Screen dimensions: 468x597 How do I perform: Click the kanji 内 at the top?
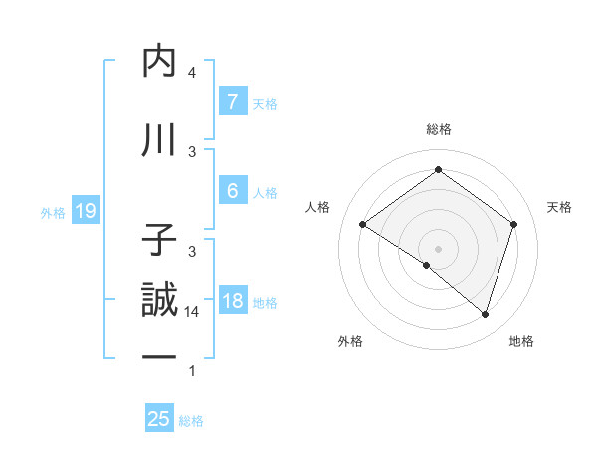point(160,61)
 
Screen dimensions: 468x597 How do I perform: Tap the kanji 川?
point(160,140)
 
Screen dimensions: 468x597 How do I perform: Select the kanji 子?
point(160,241)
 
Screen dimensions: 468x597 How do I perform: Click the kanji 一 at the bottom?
point(160,357)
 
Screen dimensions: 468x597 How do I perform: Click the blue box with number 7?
point(232,101)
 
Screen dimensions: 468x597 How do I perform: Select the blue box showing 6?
point(232,190)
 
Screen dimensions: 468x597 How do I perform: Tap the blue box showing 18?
point(232,301)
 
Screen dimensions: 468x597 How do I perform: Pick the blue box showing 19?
point(85,210)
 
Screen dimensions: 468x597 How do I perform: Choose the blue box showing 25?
point(159,419)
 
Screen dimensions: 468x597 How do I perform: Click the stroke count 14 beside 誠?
point(192,312)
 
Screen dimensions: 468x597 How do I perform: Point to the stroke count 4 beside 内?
point(192,73)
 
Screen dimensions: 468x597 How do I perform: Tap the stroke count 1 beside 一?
point(192,371)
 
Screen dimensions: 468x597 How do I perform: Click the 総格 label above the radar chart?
point(438,129)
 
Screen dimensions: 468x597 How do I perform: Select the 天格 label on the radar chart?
point(559,207)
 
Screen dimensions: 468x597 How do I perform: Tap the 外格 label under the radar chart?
point(350,341)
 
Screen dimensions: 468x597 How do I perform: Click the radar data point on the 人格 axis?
point(363,225)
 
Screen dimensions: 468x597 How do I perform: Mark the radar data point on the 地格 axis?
point(485,314)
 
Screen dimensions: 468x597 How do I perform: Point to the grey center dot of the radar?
point(438,248)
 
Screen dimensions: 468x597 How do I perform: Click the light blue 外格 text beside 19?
point(53,211)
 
